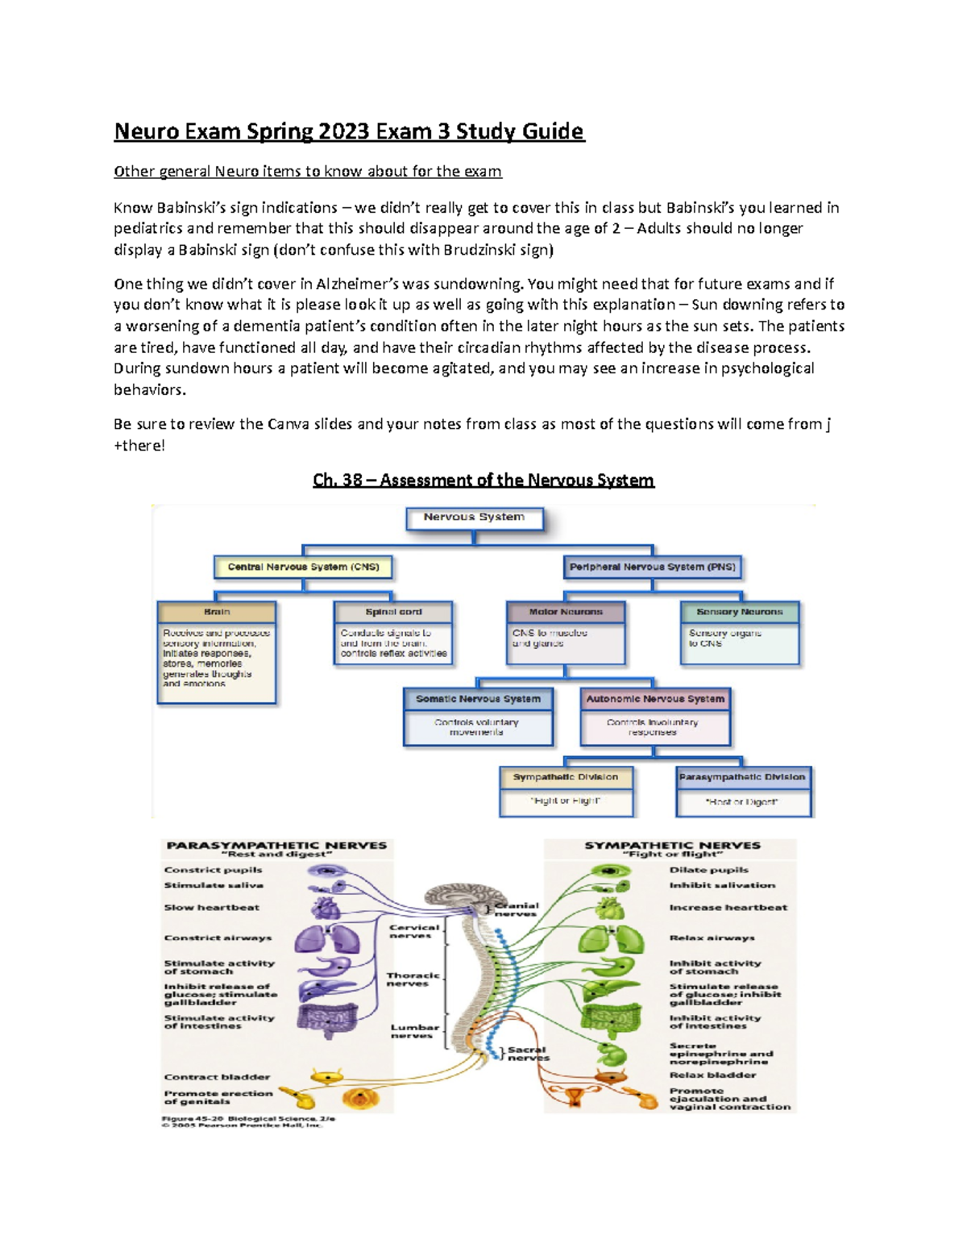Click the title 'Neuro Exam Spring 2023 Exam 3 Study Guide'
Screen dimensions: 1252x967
(x=349, y=131)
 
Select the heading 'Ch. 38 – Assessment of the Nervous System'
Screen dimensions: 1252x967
(x=483, y=480)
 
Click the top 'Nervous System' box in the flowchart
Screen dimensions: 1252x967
(x=474, y=518)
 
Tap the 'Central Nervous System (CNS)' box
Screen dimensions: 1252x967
(x=303, y=567)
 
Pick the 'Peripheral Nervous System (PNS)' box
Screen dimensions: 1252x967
(x=652, y=567)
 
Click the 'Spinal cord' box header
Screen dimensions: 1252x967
(x=393, y=612)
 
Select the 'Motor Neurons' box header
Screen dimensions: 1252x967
(x=565, y=612)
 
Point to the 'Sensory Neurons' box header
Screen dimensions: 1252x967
(x=739, y=612)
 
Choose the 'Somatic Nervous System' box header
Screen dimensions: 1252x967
(x=478, y=699)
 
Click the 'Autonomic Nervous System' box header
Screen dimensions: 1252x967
(x=654, y=699)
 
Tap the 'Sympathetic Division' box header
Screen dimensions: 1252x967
(x=566, y=777)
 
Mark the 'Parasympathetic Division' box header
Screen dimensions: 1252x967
(x=742, y=777)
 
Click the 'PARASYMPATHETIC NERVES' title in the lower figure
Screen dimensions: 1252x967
(x=276, y=846)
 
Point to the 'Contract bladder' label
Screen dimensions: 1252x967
(x=217, y=1077)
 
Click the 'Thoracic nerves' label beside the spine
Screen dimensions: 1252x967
(x=413, y=979)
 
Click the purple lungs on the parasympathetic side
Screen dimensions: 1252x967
(x=327, y=938)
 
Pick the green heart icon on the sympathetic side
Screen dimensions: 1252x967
(x=611, y=909)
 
